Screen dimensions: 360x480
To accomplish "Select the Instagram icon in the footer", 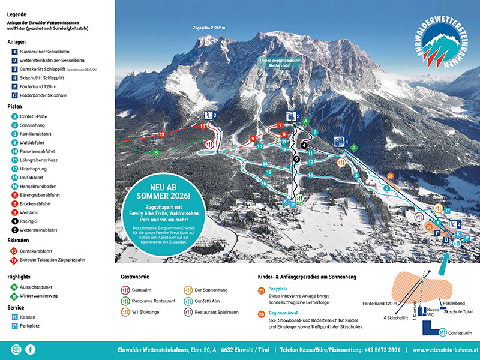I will [16, 349].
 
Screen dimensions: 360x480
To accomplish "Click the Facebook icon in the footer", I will [31, 349].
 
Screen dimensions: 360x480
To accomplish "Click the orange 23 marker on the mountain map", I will [390, 176].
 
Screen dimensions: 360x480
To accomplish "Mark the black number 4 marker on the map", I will [304, 145].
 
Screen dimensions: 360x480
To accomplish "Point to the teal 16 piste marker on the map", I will [264, 184].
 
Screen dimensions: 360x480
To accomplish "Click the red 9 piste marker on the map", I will [253, 139].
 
